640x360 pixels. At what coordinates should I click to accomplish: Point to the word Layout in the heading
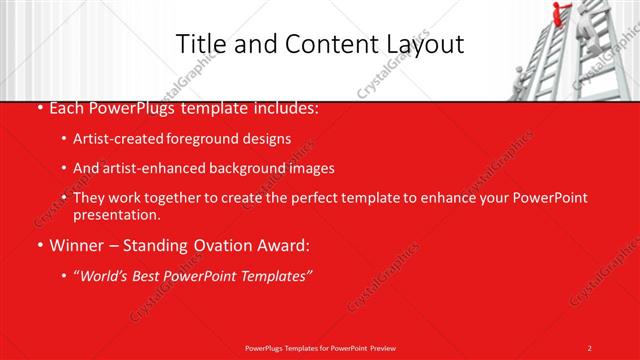[424, 43]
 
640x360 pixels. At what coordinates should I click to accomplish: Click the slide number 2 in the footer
[590, 347]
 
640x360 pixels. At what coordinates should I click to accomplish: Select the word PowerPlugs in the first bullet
[128, 108]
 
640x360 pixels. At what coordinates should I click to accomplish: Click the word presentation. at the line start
[116, 214]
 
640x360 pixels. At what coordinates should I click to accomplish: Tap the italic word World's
[107, 275]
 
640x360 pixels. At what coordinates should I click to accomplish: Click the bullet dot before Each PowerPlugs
[39, 109]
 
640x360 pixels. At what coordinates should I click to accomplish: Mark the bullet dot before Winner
[39, 245]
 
